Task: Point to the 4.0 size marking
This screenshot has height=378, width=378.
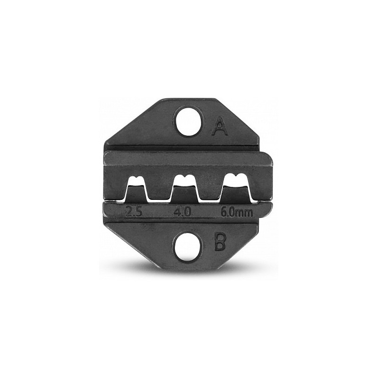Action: tap(182, 212)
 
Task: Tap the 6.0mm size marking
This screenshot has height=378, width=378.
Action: tap(237, 212)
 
